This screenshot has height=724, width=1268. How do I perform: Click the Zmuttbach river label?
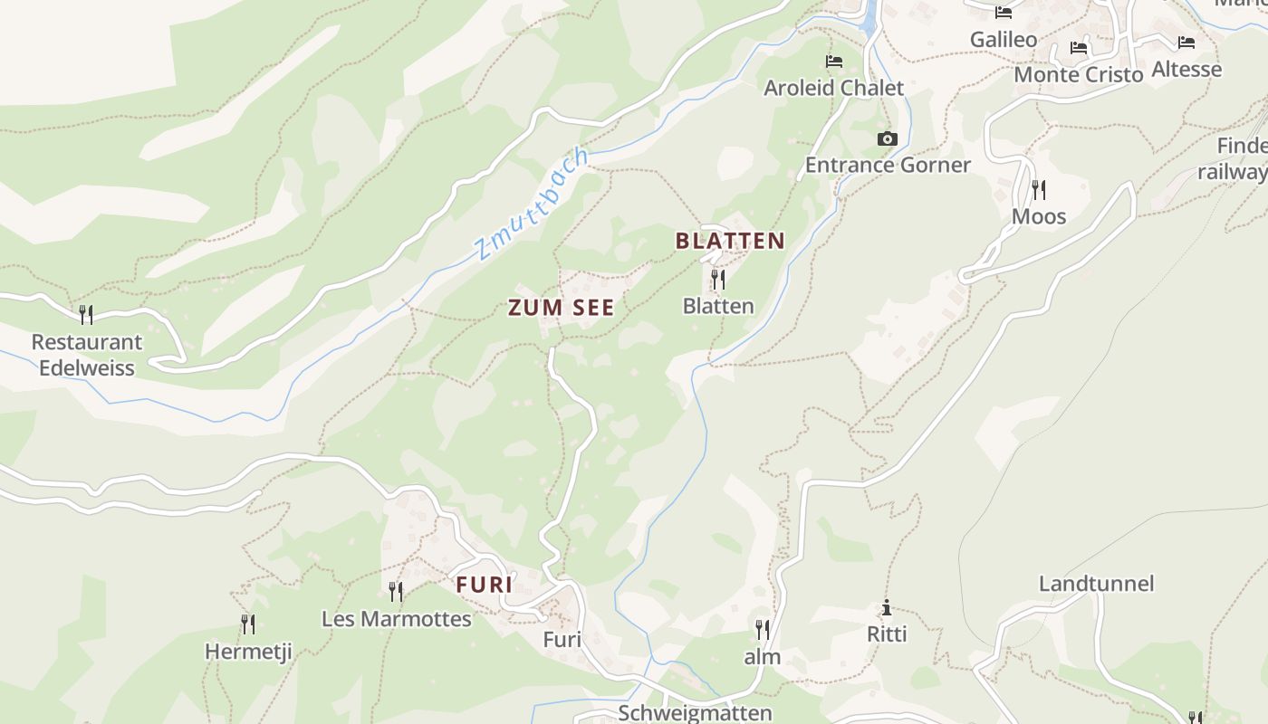pos(532,205)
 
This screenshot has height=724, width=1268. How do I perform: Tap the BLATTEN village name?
pos(730,241)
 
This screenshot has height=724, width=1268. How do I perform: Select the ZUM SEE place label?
pos(561,308)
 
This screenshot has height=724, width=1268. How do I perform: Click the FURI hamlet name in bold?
pos(485,586)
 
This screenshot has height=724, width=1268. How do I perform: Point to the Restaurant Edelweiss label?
pos(87,355)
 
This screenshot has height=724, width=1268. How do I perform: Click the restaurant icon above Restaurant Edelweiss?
pos(86,314)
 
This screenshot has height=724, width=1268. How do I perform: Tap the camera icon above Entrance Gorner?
pos(888,138)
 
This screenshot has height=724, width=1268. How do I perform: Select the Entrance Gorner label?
pos(888,165)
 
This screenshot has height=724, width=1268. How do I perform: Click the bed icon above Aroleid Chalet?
pos(834,62)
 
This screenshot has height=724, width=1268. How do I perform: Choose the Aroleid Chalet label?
pos(834,88)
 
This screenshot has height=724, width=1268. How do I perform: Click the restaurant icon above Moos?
pos(1039,189)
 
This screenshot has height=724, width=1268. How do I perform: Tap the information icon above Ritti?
pos(887,608)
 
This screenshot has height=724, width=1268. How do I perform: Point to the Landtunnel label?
pos(1096,584)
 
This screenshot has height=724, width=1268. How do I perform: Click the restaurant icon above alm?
pos(763,629)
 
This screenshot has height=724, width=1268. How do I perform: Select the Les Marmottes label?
pos(397,619)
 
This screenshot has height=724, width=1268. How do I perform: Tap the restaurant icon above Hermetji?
pos(248,624)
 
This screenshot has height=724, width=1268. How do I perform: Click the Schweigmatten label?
pos(695,713)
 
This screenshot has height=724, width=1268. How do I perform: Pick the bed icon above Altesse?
pos(1186,43)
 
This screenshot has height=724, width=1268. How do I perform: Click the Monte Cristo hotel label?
pos(1078,74)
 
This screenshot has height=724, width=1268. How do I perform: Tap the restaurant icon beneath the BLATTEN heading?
pos(718,279)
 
